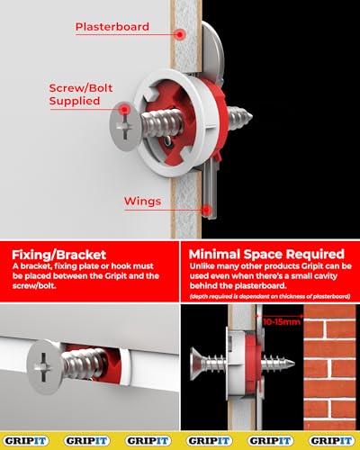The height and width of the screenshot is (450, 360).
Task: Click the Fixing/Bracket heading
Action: coord(57,253)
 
